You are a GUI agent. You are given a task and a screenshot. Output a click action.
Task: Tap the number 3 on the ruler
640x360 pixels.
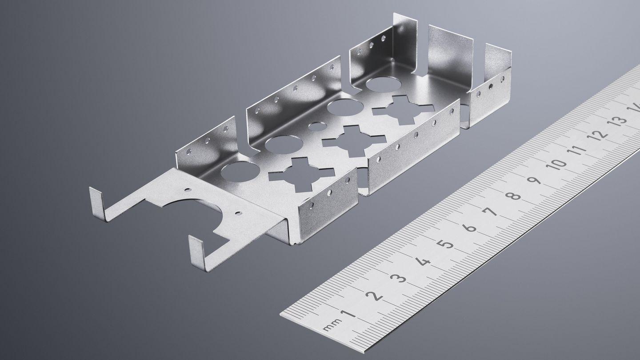[x=398, y=279]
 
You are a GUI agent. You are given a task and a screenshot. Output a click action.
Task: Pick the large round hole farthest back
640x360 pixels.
[x=383, y=84]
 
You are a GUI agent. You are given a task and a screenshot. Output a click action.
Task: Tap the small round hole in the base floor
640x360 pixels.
[x=316, y=127]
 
